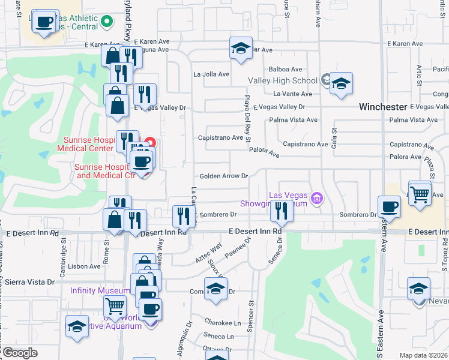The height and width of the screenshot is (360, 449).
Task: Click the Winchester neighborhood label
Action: coord(383,107)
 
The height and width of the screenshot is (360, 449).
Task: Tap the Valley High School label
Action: coord(283,81)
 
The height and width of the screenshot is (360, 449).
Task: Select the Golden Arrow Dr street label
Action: coord(223,176)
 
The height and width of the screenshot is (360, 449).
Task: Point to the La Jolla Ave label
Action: coord(211,74)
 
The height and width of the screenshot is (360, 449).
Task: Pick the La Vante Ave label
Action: coord(293,94)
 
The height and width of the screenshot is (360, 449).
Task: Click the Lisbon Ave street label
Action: coord(85,266)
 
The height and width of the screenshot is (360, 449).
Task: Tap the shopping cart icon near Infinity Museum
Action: coord(115,306)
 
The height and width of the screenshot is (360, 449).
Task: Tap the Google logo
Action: coord(20,353)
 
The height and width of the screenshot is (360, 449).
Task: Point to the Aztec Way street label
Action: coord(208,251)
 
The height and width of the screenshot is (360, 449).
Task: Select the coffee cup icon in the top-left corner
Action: coord(44,22)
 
